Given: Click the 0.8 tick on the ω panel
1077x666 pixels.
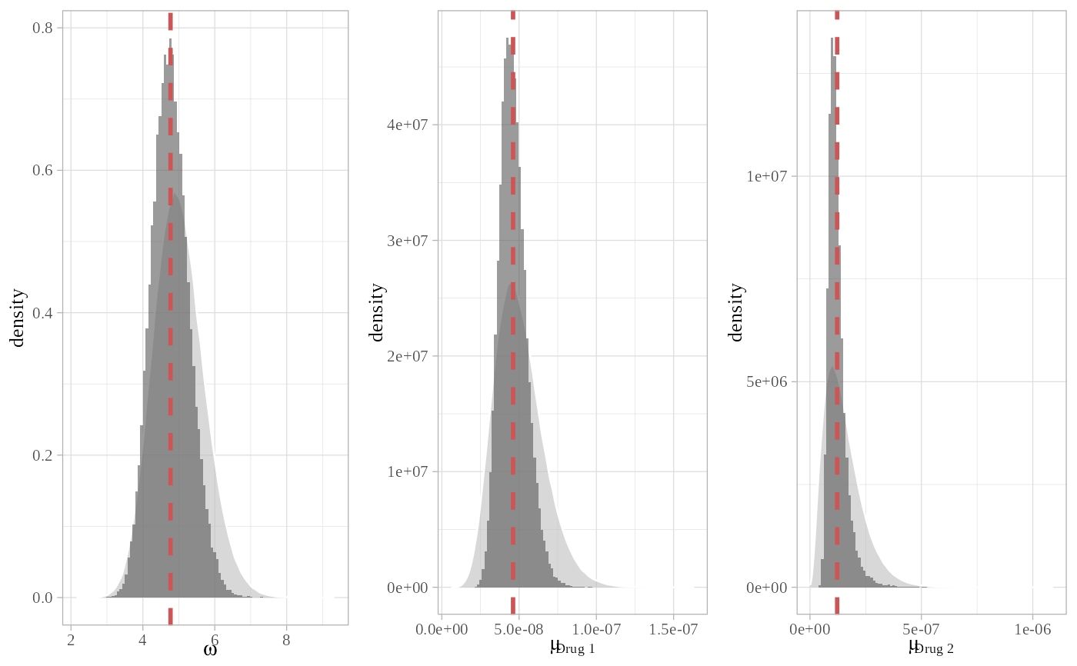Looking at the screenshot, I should pos(42,28).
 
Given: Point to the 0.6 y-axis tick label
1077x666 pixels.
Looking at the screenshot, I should pos(42,171).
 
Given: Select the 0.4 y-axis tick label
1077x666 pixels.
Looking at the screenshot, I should pos(42,313).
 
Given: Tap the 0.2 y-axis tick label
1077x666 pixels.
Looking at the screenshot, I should pos(42,455).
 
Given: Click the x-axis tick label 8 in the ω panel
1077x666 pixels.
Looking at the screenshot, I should pos(286,637).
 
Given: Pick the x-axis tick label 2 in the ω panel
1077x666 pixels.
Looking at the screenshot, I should pos(71,637).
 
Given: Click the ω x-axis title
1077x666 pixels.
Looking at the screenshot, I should pos(210,651).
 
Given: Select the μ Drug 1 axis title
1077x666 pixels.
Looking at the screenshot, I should pos(572,648).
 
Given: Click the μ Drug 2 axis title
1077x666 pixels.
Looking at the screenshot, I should pos(931,648).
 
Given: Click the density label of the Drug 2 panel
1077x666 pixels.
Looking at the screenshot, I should pos(736,312).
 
